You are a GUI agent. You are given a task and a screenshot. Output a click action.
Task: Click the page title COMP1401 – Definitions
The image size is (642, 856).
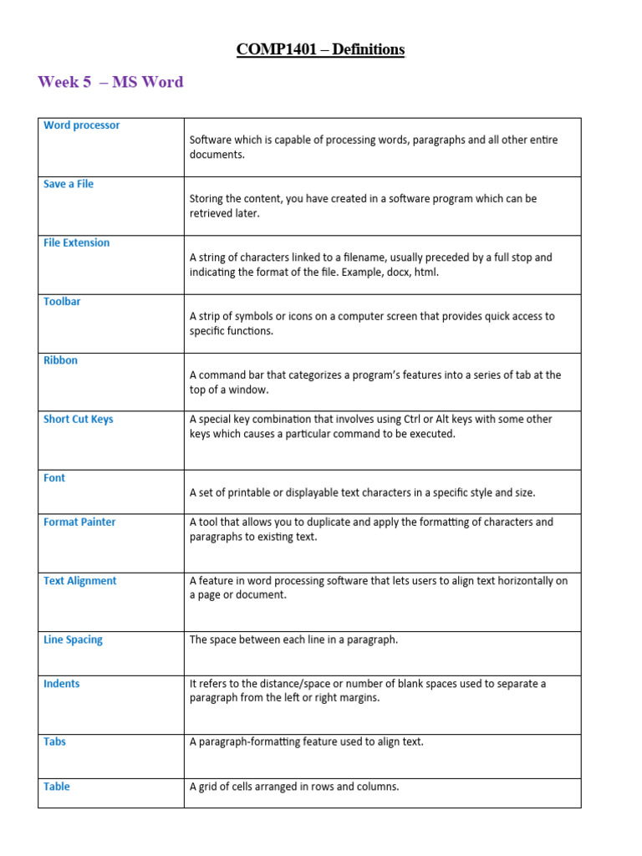(x=320, y=49)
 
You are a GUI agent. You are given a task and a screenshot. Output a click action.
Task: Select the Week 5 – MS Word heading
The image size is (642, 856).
(x=110, y=82)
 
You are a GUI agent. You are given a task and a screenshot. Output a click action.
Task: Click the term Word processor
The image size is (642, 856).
(x=81, y=125)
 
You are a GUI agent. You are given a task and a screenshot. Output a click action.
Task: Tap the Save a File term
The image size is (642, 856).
(x=69, y=184)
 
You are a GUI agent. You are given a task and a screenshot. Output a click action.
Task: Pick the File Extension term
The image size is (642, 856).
(x=76, y=242)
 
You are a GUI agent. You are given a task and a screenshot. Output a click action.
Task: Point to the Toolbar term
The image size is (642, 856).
(x=62, y=301)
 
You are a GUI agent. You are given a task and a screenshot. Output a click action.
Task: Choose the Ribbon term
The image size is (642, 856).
(x=60, y=360)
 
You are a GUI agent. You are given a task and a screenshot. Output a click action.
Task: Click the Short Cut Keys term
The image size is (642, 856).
(x=78, y=419)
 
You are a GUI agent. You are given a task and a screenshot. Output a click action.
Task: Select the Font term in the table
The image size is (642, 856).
(x=54, y=478)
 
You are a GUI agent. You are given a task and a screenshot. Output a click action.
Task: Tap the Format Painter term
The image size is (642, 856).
(x=79, y=522)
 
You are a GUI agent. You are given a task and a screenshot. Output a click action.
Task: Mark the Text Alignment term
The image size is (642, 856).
(x=79, y=581)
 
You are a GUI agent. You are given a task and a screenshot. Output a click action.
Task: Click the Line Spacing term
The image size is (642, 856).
(x=73, y=639)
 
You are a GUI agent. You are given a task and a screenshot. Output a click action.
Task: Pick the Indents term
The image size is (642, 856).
(x=62, y=684)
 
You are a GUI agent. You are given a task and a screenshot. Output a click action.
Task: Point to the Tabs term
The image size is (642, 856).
(x=54, y=741)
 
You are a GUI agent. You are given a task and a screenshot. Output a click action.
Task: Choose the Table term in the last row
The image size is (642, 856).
(x=57, y=787)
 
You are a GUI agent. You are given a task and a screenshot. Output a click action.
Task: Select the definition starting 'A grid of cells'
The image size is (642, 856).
(x=294, y=787)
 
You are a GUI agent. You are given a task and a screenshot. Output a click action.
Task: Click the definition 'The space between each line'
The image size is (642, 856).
(x=293, y=639)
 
